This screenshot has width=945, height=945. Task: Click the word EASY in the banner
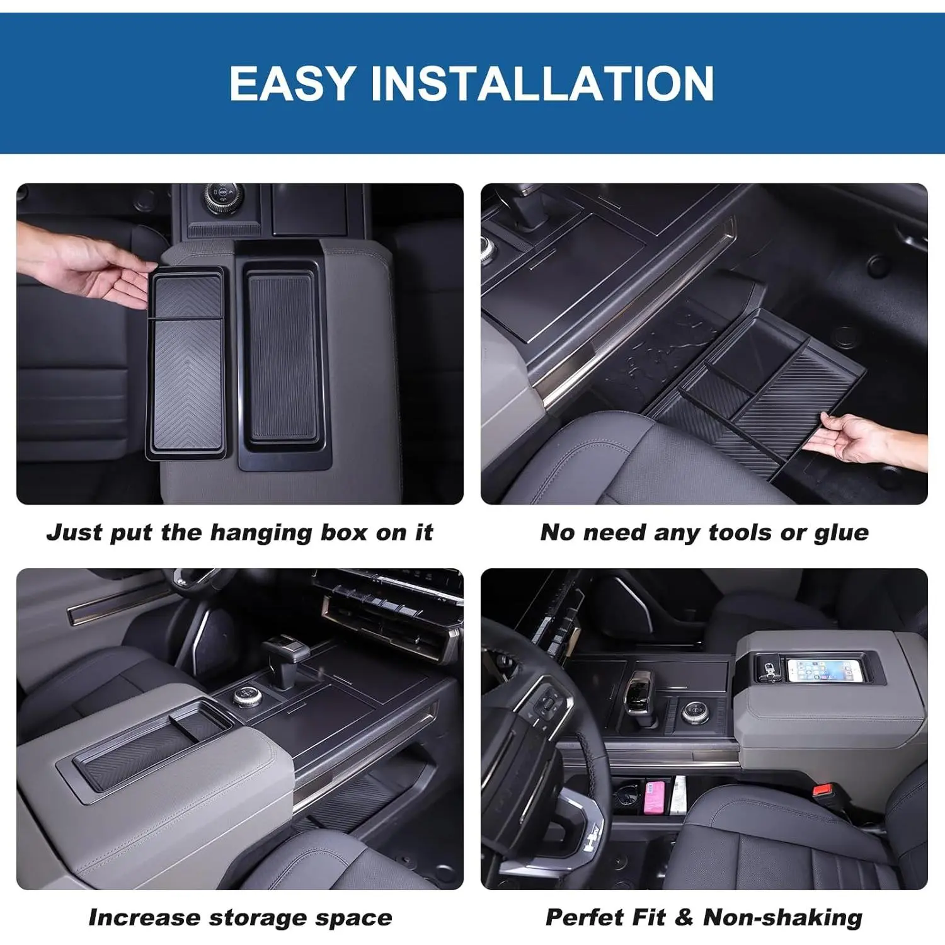point(292,83)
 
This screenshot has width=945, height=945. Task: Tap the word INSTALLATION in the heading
point(542,83)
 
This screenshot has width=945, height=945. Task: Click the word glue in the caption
point(842,534)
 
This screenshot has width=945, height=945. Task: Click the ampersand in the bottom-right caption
point(684,917)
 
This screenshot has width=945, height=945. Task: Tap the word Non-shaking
point(782,918)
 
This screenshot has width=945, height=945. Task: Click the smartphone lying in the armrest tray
point(824,670)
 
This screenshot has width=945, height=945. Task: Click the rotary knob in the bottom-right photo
point(692,711)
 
